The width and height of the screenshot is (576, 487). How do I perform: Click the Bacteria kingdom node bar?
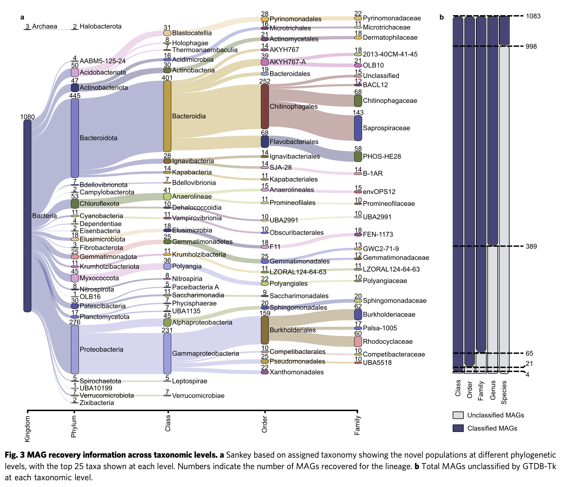(27, 216)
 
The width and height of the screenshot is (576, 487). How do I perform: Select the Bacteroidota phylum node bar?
(75, 138)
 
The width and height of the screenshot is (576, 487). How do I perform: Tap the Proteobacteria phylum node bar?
(75, 349)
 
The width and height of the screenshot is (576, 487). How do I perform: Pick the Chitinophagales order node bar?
(265, 107)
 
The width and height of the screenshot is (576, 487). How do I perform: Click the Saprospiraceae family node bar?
(358, 128)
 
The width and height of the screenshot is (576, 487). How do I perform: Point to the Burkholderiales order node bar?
(265, 330)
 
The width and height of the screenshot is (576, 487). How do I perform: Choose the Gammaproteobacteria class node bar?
(167, 353)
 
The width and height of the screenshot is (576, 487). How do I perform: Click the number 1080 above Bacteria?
(27, 117)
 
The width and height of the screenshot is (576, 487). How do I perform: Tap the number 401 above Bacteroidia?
(167, 78)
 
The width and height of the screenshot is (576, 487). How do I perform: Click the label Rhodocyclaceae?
(388, 342)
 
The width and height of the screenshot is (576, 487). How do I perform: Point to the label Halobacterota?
(100, 26)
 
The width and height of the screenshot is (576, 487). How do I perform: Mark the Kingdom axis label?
(27, 429)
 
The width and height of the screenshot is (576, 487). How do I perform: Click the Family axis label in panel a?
(358, 425)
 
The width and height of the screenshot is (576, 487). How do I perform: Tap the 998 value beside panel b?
(531, 47)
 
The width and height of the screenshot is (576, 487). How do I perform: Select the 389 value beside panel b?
(531, 247)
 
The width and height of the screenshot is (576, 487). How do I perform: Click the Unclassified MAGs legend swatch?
(458, 415)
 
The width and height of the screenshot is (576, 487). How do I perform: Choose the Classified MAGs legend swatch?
(458, 428)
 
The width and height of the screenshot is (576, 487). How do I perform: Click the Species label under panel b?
(504, 393)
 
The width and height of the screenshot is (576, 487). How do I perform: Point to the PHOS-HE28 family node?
(358, 156)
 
